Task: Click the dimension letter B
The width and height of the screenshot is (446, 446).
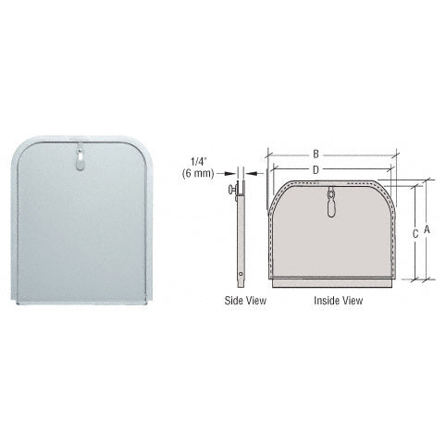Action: tap(316, 154)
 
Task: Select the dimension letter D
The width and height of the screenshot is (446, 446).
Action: tap(316, 169)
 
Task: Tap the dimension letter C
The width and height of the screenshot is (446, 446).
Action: tap(415, 234)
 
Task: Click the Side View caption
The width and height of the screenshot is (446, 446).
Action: tap(242, 301)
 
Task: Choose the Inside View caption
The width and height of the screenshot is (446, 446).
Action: tap(332, 301)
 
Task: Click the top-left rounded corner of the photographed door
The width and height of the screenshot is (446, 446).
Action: tap(20, 145)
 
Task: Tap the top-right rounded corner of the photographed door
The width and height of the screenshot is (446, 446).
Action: tap(141, 145)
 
